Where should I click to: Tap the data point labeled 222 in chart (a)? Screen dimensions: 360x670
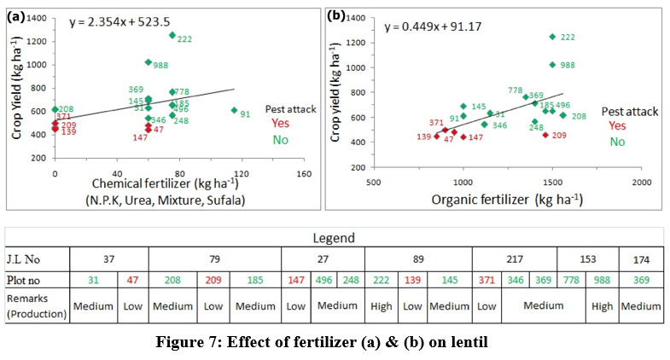coord(172,35)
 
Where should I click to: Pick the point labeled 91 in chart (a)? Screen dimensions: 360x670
coord(234,110)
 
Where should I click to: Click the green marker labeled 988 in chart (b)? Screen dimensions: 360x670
coord(552,64)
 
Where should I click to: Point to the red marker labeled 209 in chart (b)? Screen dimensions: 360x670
coord(545,134)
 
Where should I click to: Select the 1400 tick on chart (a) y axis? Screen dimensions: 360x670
coord(38,16)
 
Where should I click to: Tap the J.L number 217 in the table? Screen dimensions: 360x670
coord(513,257)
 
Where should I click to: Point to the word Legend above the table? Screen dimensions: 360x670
coord(335,237)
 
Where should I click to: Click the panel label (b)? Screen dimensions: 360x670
coord(336,15)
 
